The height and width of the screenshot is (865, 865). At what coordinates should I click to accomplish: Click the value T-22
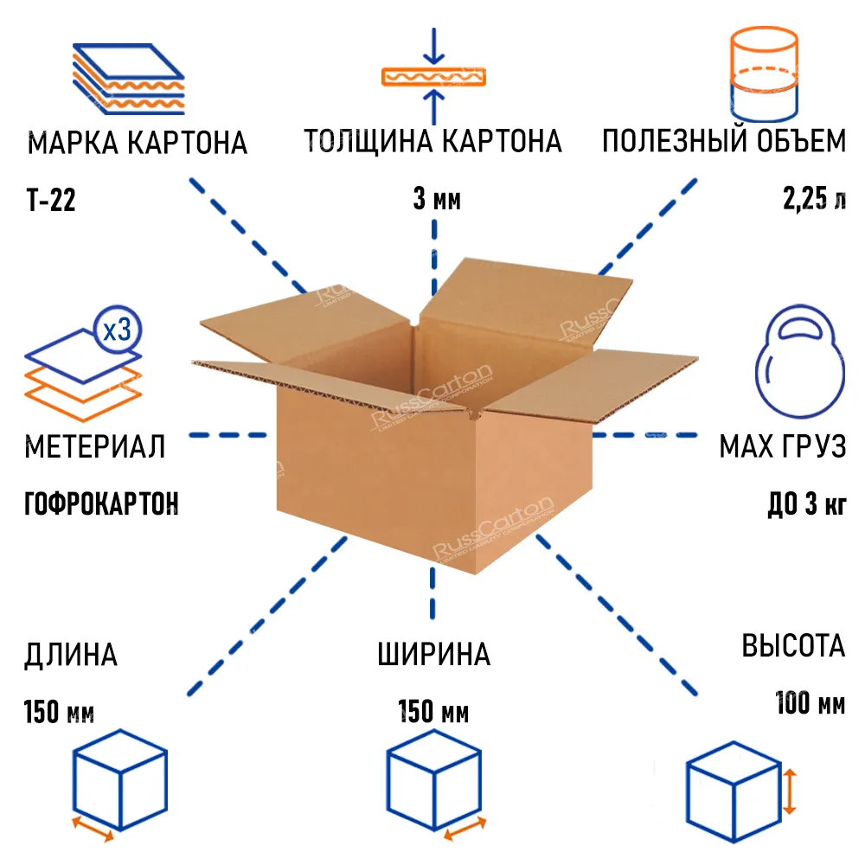click(51, 202)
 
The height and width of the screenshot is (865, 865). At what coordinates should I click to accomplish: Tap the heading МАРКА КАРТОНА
click(138, 143)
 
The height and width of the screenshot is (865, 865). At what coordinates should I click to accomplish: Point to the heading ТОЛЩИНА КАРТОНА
click(432, 141)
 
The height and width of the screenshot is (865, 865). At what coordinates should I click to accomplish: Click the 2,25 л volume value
click(814, 202)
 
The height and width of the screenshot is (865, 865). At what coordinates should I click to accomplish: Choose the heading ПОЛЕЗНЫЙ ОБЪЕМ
click(724, 141)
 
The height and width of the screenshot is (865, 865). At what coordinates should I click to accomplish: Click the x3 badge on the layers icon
click(116, 330)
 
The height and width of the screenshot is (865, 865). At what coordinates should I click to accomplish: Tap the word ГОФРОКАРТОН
click(101, 503)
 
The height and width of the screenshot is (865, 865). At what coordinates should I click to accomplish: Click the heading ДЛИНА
click(71, 655)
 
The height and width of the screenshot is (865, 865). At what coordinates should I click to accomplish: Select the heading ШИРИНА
click(433, 655)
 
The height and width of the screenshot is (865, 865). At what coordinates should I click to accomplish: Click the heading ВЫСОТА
click(792, 646)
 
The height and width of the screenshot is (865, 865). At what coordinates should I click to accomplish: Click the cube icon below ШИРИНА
click(432, 778)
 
